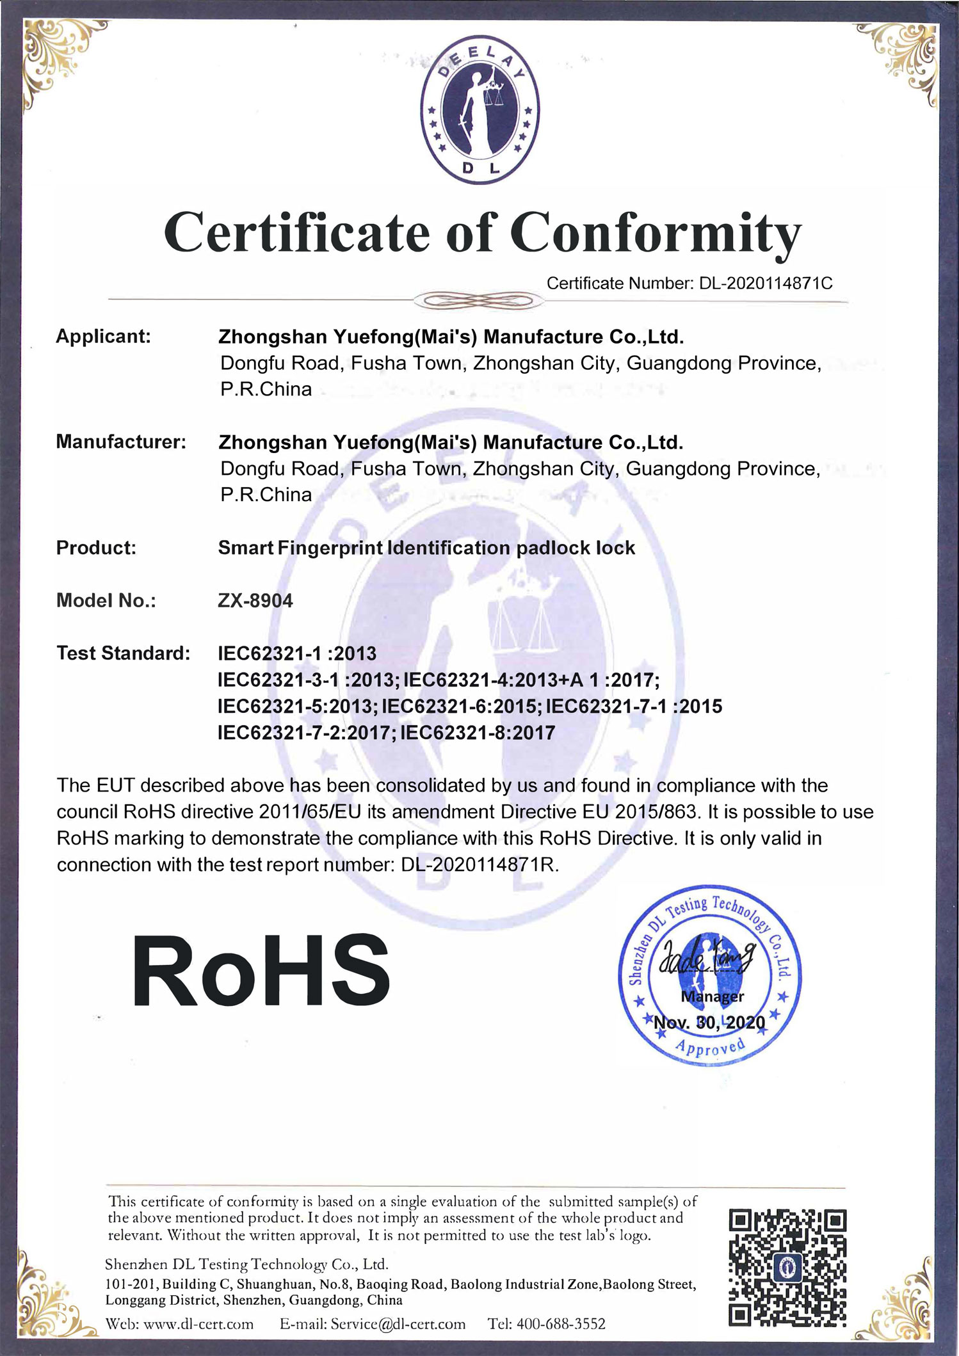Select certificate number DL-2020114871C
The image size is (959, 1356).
(766, 283)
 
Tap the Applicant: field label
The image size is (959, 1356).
(103, 337)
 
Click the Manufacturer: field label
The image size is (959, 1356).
(121, 442)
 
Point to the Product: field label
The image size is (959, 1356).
(96, 548)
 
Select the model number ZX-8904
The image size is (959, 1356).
(255, 601)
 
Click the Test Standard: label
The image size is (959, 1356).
(123, 653)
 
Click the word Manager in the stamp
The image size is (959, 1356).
(713, 996)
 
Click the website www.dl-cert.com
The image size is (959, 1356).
(198, 1324)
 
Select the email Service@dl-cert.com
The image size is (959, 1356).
(398, 1324)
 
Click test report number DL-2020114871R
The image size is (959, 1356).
(480, 865)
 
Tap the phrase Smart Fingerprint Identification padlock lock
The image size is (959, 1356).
(426, 548)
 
